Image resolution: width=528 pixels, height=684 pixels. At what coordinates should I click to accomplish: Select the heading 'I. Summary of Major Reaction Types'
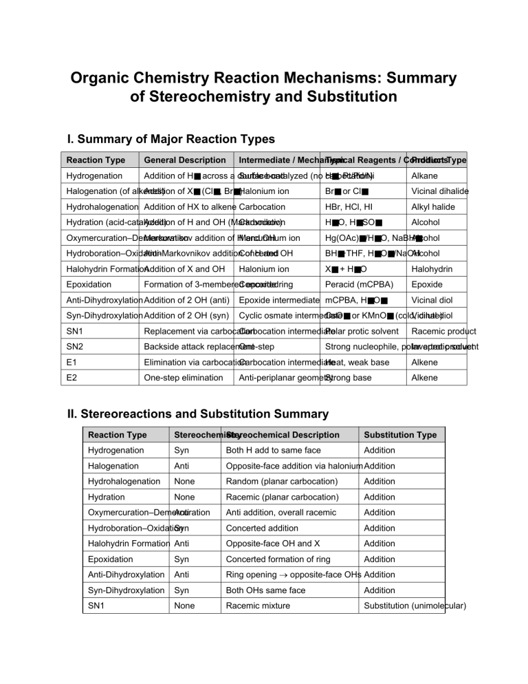pyautogui.click(x=170, y=140)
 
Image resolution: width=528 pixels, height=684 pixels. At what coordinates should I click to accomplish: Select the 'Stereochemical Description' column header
pyautogui.click(x=283, y=435)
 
